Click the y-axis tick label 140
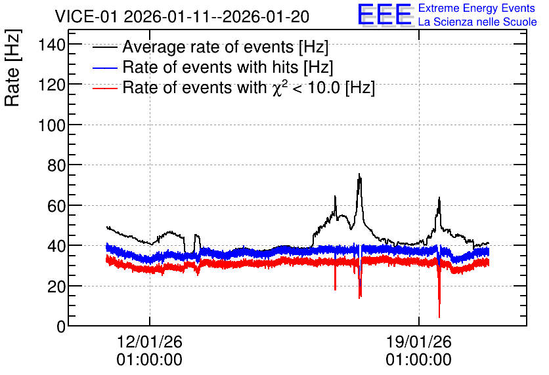[52, 45]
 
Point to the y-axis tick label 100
[52, 125]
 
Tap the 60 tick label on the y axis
[56, 206]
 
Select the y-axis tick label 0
[61, 326]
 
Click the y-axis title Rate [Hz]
[12, 68]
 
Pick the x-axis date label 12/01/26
[150, 342]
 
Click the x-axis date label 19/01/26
[419, 342]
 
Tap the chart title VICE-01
[86, 16]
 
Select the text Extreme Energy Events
[477, 8]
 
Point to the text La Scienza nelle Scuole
[477, 22]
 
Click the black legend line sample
[104, 47]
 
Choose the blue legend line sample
[104, 68]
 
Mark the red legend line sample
[104, 89]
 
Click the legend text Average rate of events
[208, 47]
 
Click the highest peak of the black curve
[359, 174]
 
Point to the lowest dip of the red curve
[439, 317]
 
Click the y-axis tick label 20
[56, 286]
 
